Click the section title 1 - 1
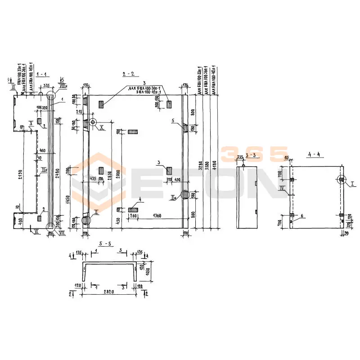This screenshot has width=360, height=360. click(x=43, y=73)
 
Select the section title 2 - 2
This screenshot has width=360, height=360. click(x=128, y=73)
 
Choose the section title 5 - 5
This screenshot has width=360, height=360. click(x=105, y=243)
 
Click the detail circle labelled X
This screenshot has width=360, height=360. click(x=94, y=122)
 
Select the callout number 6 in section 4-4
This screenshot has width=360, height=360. click(x=302, y=216)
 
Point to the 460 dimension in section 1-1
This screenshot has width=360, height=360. click(x=42, y=150)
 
